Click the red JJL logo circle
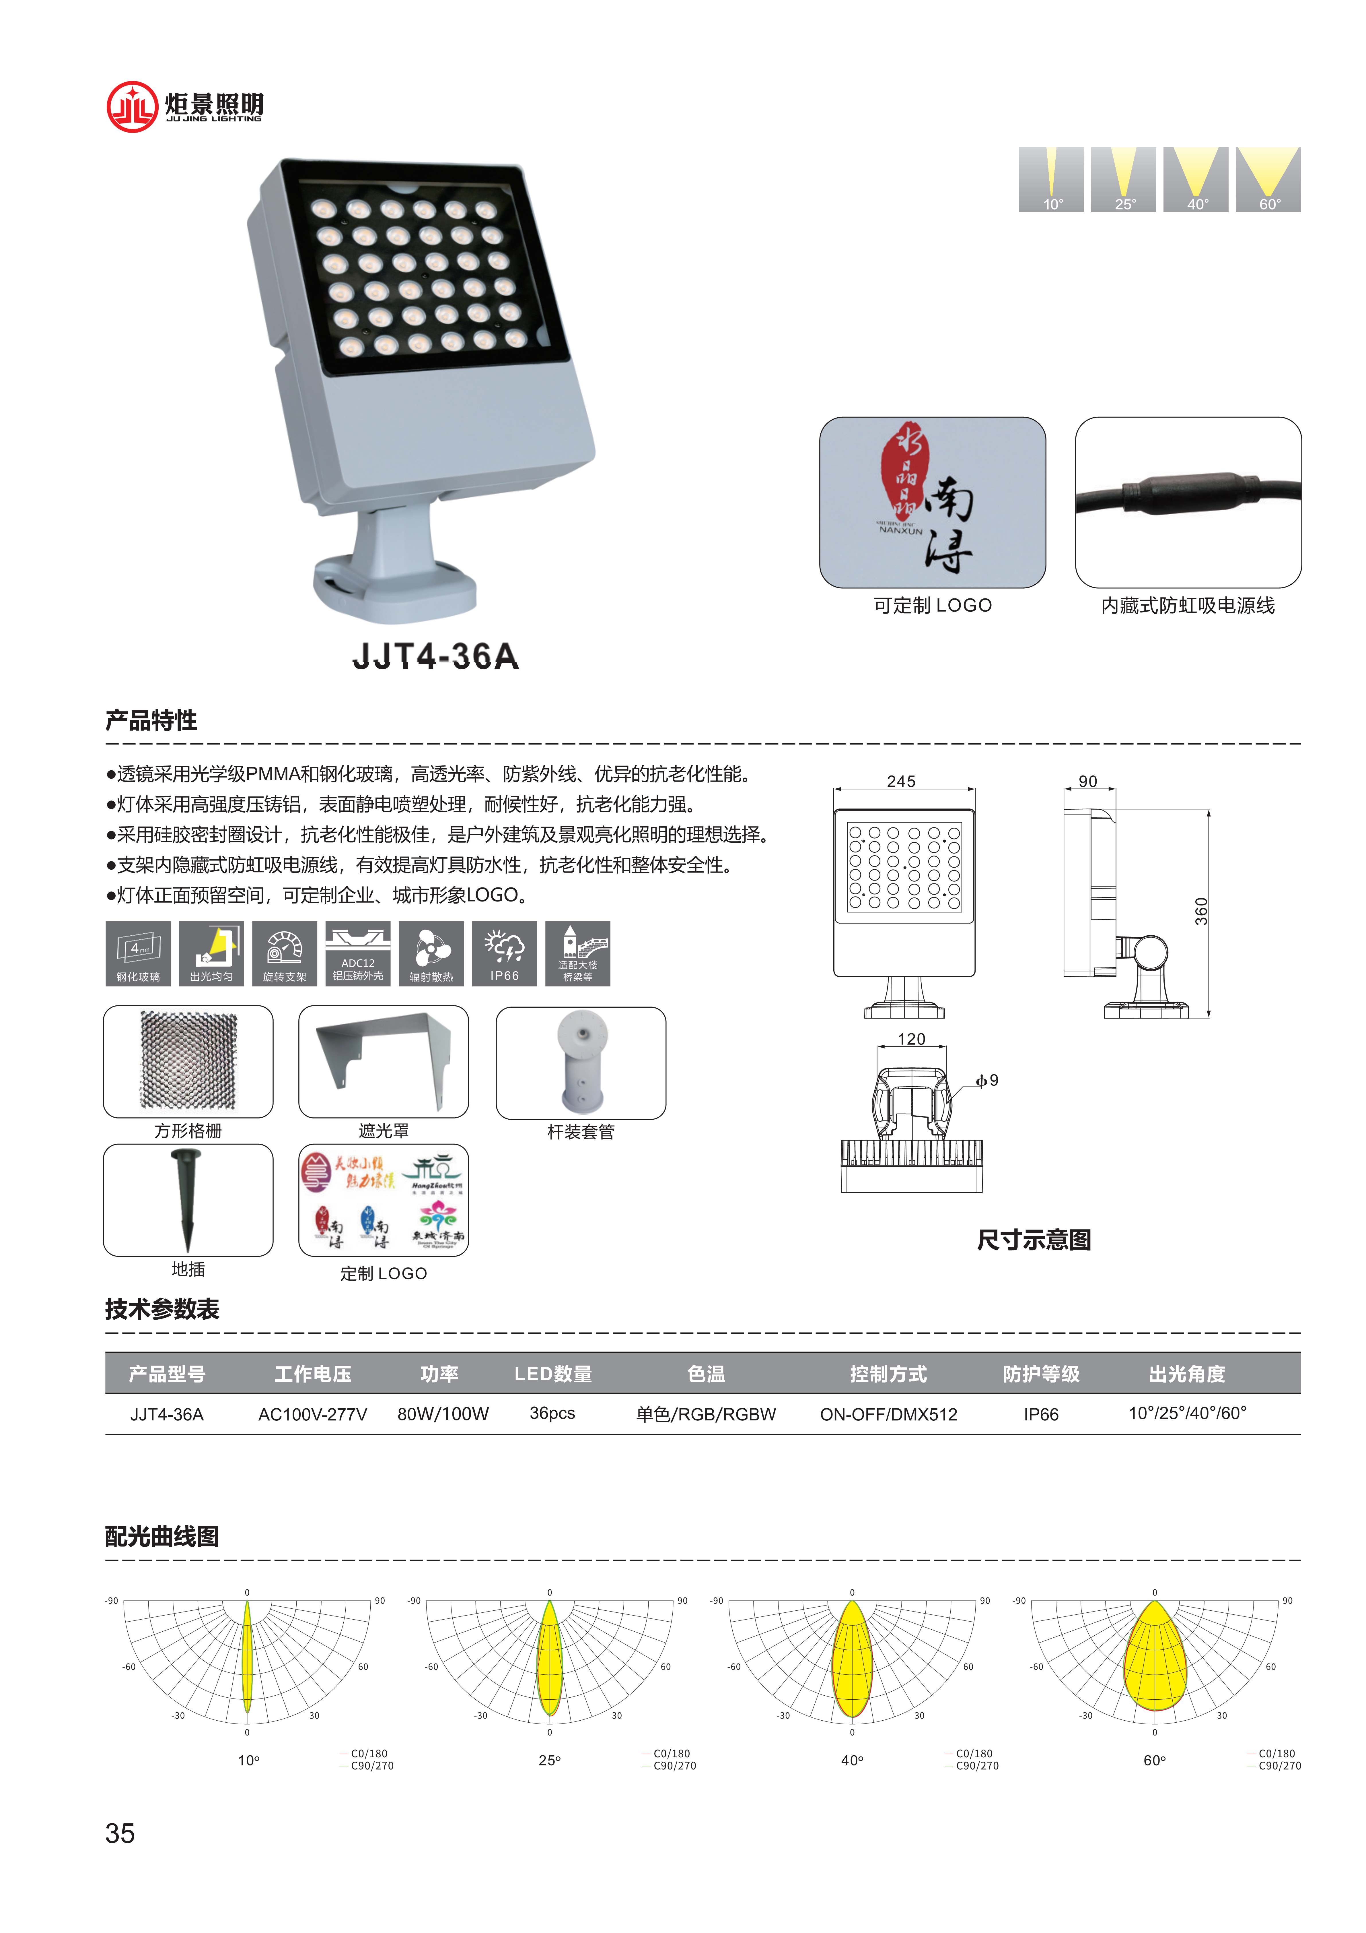point(132,107)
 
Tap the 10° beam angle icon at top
point(1051,179)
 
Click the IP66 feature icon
point(504,953)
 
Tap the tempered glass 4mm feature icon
point(138,953)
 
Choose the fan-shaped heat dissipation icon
point(431,953)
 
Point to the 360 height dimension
point(1201,911)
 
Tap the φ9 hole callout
point(987,1080)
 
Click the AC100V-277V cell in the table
point(312,1414)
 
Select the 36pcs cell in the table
point(552,1414)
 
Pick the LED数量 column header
point(553,1374)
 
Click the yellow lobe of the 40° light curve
point(852,1663)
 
